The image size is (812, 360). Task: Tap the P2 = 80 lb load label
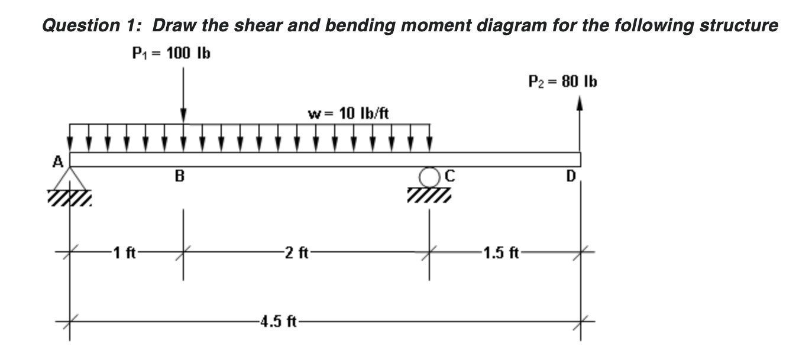(x=562, y=82)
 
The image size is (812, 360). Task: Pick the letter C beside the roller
(x=448, y=176)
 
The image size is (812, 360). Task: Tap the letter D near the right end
(x=572, y=176)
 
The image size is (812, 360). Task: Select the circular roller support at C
(x=429, y=176)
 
